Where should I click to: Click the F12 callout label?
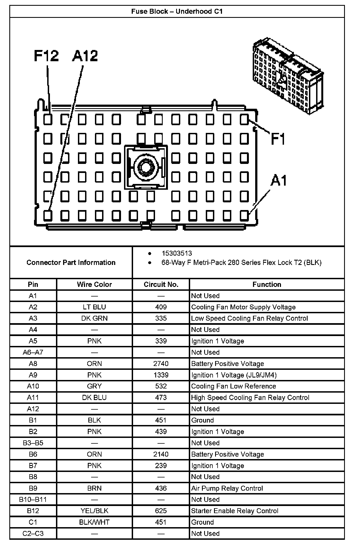[46, 56]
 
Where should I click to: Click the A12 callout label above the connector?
[85, 56]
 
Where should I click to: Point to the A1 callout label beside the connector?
[279, 181]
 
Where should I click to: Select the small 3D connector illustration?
[288, 75]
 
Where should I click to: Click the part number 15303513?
[177, 253]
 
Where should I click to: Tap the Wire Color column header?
[94, 284]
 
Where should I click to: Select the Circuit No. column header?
[161, 284]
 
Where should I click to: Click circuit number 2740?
[161, 364]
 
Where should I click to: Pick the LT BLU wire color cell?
[94, 307]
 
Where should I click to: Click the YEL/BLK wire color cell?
[94, 511]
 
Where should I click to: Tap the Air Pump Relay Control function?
[227, 488]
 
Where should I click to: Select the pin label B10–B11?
[33, 499]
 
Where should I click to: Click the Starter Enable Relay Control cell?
[235, 511]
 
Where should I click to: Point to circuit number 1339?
[161, 375]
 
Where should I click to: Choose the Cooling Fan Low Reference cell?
[234, 386]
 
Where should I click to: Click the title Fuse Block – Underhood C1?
[177, 11]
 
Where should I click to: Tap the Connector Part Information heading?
[71, 262]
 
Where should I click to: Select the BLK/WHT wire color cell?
[94, 522]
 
